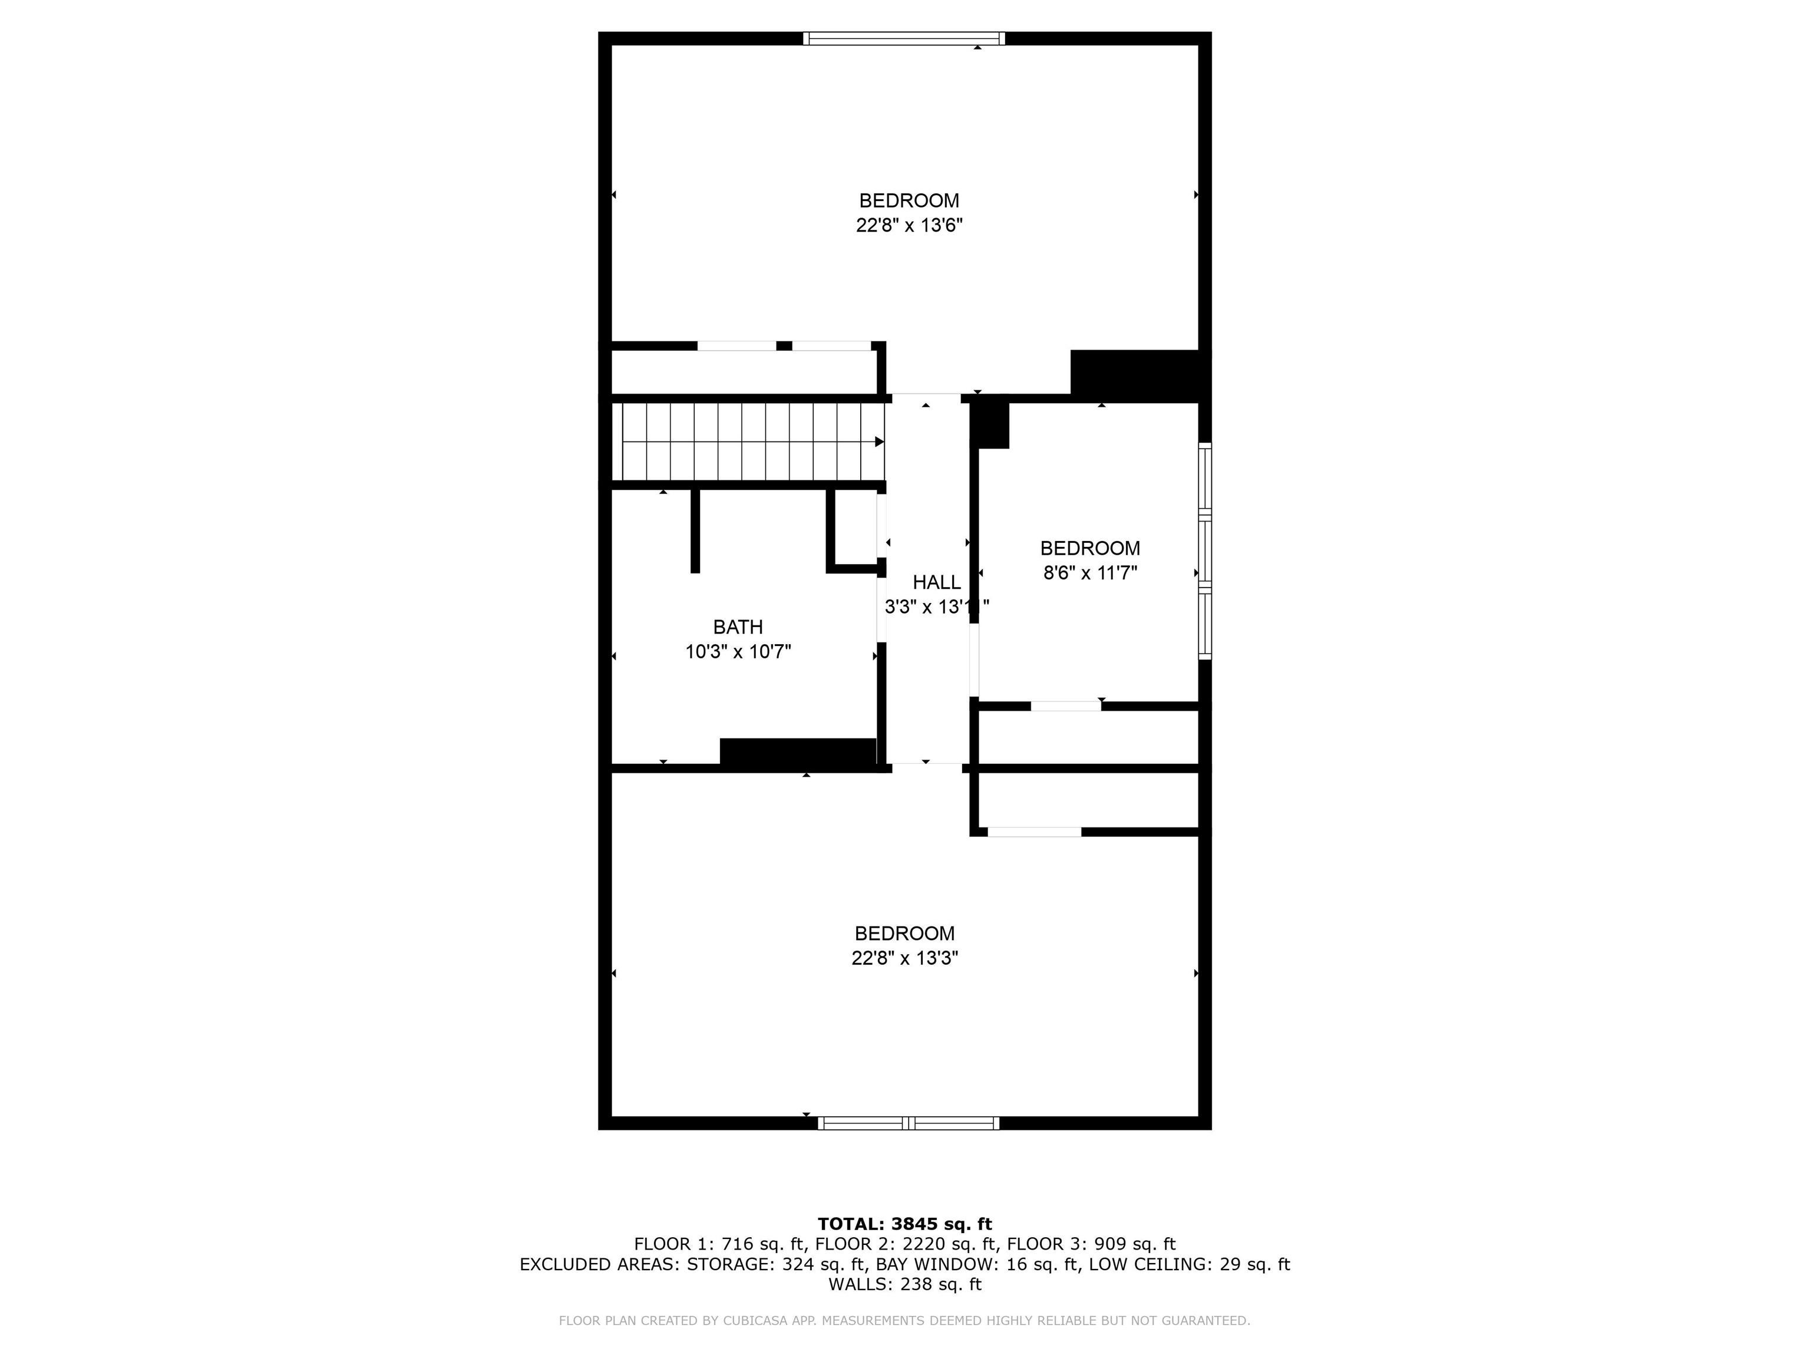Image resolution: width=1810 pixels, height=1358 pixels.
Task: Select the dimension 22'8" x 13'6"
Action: (x=909, y=225)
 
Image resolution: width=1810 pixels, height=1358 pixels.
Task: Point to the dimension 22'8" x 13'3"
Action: (x=904, y=958)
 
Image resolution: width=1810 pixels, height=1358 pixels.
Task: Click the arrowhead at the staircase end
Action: (x=880, y=442)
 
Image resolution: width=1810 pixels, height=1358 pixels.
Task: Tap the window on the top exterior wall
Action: (x=903, y=38)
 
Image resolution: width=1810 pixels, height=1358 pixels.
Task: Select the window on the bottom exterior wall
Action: (x=909, y=1123)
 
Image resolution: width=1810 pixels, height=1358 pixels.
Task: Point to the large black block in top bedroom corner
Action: (x=1137, y=375)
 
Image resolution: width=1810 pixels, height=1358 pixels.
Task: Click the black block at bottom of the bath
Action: (x=798, y=751)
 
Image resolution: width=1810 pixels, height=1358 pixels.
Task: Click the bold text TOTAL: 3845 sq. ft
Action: (x=904, y=1224)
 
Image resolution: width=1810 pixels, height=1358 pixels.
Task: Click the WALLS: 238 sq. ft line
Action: (x=904, y=1284)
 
